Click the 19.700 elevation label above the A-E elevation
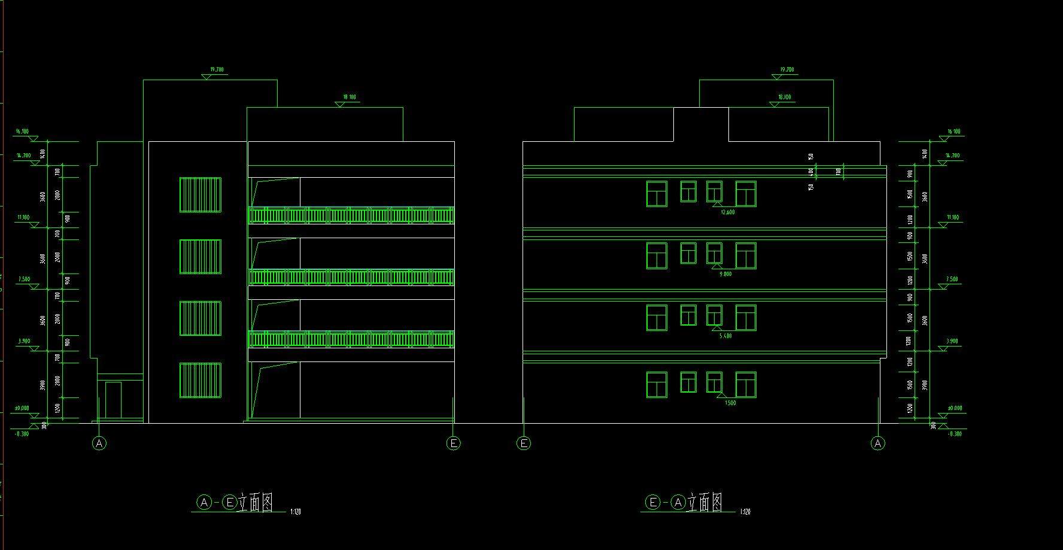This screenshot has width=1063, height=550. coord(217,69)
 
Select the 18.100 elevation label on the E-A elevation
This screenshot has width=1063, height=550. coord(784,97)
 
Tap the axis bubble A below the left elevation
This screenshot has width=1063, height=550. coord(99,443)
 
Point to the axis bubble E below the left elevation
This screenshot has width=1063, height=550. coord(454,443)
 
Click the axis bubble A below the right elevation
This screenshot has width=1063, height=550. coord(878,443)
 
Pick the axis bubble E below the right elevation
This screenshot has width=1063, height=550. coord(524,443)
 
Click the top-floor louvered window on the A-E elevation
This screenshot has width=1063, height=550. coord(201,195)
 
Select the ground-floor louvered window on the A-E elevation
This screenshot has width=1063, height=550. coord(201,381)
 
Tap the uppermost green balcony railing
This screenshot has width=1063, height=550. coord(351,215)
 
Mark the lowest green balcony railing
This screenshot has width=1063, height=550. coord(351,339)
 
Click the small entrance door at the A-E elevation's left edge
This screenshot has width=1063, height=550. coord(113,400)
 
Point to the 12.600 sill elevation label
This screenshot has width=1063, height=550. coord(728,212)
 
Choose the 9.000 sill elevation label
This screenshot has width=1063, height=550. coord(725,274)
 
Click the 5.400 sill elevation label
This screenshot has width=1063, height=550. coord(725,336)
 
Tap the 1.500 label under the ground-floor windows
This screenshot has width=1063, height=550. coord(730,403)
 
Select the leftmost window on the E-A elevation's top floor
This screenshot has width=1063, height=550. coord(657,194)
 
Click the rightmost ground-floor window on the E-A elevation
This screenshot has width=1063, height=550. coord(746,385)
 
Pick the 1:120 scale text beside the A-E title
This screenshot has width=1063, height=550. coord(295,512)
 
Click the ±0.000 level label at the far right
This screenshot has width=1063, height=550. coord(955,408)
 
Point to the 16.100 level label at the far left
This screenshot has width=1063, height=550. coord(22,131)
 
